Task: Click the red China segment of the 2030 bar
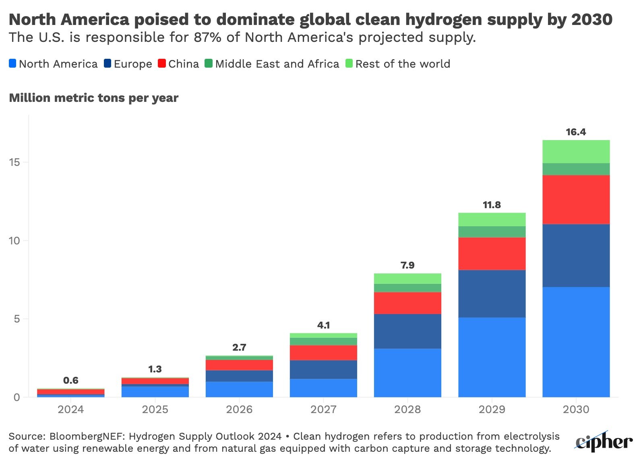pos(576,199)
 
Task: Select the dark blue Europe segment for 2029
pos(492,294)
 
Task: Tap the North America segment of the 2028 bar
pos(407,372)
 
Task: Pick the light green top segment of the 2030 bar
pos(576,151)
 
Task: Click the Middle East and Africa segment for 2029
pos(492,231)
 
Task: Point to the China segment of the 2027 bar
pos(323,352)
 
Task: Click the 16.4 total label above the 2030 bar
pos(576,132)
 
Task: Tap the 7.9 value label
pos(407,265)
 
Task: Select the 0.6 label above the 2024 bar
pos(71,380)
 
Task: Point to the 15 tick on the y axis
pos(15,162)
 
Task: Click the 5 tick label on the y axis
pos(17,319)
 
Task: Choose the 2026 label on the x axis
pos(239,410)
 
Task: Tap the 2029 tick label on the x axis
pos(492,410)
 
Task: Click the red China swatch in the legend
pos(162,64)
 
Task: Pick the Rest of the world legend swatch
pos(349,64)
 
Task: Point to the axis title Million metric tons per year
pos(93,98)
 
